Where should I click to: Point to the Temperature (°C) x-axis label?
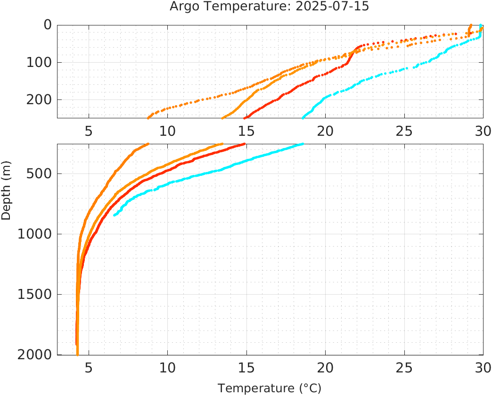pos(269,388)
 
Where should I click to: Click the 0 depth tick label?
pos(48,25)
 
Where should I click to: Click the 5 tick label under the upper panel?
pos(89,131)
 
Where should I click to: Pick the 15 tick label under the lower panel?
pos(246,367)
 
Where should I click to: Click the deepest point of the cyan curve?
pos(115,215)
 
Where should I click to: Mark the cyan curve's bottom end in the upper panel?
pos(303,117)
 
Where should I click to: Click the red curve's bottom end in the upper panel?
pos(244,117)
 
